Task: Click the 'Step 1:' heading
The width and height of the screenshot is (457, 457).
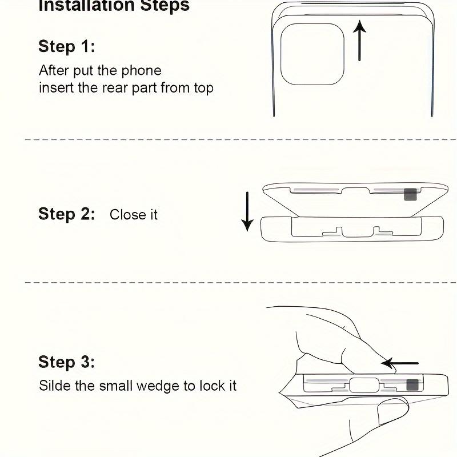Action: coord(67,46)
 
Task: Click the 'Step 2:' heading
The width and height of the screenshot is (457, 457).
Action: coord(67,214)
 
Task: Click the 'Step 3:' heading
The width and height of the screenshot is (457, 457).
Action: coord(67,362)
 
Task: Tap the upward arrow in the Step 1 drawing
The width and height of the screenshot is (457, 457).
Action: coord(359,41)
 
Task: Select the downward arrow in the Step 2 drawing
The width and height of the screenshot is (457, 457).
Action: coord(247,211)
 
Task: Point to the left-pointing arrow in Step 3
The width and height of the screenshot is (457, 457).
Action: coord(399,363)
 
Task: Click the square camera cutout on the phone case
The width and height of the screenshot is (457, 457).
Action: coord(312,54)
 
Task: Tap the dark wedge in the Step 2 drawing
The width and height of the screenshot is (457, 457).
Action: coord(410,194)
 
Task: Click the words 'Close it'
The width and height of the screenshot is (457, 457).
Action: coord(134,215)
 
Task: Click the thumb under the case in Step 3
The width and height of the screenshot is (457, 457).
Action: coord(393,412)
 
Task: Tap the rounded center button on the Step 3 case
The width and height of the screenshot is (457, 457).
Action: coord(364,385)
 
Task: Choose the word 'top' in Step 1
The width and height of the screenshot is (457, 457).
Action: coord(204,89)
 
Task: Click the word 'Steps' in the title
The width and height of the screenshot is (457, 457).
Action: coord(165,6)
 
